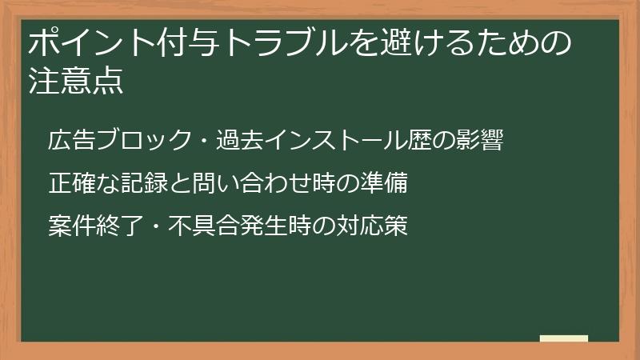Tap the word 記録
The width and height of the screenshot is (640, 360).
click(x=145, y=183)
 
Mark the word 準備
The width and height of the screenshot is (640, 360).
click(x=390, y=183)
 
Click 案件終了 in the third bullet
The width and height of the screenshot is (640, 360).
click(x=86, y=226)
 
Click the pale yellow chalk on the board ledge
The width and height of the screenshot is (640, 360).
click(x=563, y=338)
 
